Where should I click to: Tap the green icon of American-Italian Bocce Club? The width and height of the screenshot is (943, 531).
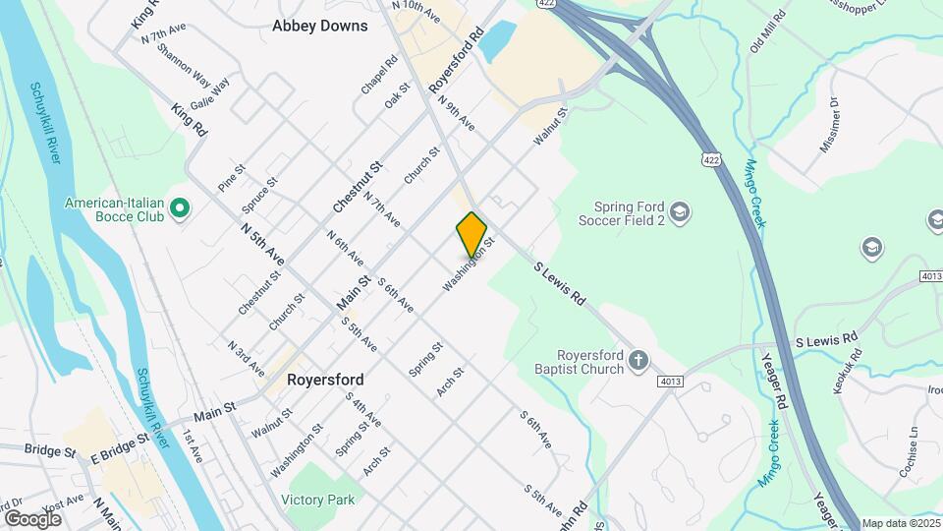point(179,208)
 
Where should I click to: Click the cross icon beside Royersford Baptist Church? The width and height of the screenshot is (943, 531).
point(639,361)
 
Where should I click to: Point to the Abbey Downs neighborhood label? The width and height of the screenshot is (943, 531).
point(320,26)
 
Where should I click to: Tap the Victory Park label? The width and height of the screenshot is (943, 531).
point(317,500)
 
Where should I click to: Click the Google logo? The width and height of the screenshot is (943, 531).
point(31,518)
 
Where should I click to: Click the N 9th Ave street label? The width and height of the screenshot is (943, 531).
point(458,114)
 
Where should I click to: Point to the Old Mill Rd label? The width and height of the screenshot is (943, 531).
point(768,32)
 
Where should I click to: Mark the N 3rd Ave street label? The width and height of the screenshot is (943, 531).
point(246,359)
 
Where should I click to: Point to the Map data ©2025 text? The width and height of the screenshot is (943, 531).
point(899,523)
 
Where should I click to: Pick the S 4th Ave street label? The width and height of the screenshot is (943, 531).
point(362,407)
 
